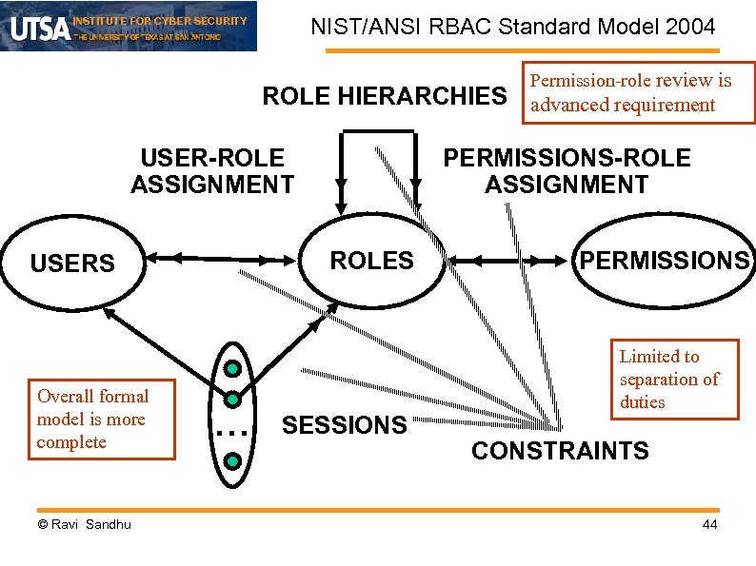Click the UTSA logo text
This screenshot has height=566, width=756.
click(x=40, y=27)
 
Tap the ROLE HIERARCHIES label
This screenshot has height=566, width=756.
click(x=385, y=96)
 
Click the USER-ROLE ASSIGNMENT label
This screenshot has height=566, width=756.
click(x=211, y=171)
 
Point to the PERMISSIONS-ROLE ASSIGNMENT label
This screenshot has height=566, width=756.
click(x=567, y=171)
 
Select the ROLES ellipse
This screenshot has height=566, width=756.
click(x=371, y=261)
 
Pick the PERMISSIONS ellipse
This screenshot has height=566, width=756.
click(x=664, y=261)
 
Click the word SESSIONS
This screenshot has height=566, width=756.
click(x=344, y=425)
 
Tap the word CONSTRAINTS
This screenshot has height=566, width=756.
click(x=560, y=451)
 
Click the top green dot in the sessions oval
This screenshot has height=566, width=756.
click(x=231, y=369)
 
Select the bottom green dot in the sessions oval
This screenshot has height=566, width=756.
click(x=231, y=462)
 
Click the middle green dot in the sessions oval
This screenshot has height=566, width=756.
click(x=231, y=400)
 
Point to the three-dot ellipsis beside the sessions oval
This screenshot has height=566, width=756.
click(x=231, y=433)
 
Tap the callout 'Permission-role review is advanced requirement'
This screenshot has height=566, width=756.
click(x=632, y=92)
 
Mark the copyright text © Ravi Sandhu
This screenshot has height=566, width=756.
click(x=84, y=525)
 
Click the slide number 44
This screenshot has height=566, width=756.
click(x=709, y=525)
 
